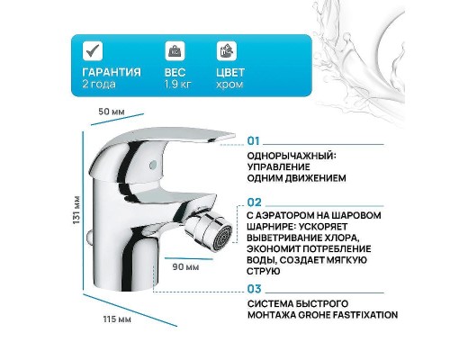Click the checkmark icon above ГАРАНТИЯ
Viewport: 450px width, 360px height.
click(92, 49)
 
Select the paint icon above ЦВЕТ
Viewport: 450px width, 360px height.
click(226, 49)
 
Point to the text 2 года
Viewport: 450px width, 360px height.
click(96, 84)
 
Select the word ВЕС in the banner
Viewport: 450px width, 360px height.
click(173, 72)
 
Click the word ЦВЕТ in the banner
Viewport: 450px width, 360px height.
click(230, 72)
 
